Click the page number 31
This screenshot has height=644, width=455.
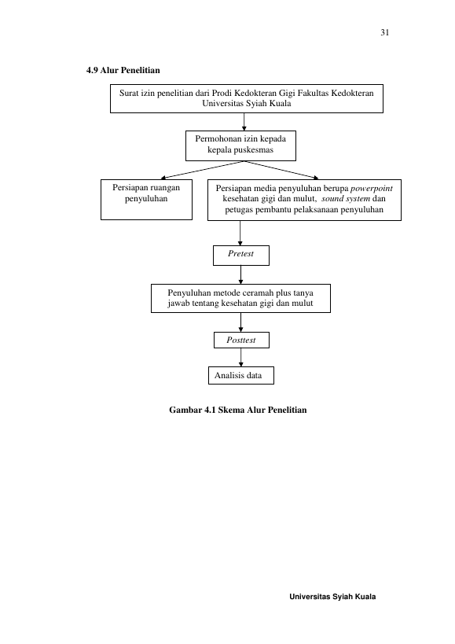[x=384, y=32]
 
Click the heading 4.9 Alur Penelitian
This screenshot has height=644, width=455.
[x=123, y=70]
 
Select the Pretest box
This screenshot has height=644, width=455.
[x=241, y=256]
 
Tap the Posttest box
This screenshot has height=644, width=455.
[x=242, y=340]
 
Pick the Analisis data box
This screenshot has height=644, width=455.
[x=241, y=375]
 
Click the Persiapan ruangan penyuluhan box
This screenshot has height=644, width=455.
[x=146, y=200]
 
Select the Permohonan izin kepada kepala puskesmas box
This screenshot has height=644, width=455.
[x=240, y=145]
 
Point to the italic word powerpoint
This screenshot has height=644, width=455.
[x=371, y=189]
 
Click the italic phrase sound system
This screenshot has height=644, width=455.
[x=346, y=199]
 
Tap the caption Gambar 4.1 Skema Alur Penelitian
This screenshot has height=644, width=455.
[x=238, y=410]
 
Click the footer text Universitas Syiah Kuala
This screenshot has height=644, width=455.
[x=332, y=597]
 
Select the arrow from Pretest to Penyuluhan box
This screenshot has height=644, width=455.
[x=240, y=274]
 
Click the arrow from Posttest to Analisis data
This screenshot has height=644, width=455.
[x=240, y=357]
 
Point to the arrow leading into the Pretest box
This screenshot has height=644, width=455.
[x=240, y=234]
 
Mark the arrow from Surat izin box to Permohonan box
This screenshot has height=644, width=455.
[x=244, y=122]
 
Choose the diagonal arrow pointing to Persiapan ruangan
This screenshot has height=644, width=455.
[x=202, y=170]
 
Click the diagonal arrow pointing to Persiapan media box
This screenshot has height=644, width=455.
[x=281, y=170]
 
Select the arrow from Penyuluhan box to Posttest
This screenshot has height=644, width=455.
[x=240, y=322]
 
